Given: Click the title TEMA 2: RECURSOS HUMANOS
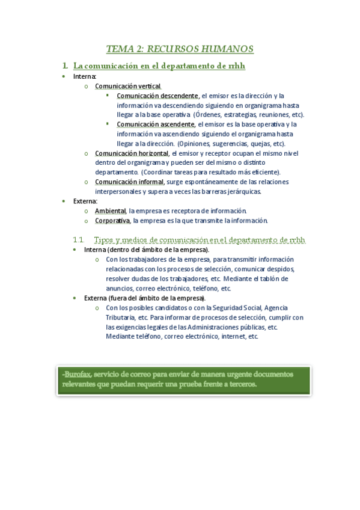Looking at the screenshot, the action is (180, 49).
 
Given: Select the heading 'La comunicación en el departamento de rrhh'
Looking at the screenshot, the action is (159, 66).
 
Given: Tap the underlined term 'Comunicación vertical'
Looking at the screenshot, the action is (127, 86).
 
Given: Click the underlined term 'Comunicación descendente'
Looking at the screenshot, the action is (157, 96).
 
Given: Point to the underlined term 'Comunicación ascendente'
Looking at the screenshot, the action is (156, 124).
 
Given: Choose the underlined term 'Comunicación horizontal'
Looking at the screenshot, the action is (131, 153).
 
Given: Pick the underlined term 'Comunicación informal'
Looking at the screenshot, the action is (129, 182).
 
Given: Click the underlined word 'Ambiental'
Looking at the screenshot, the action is (110, 210).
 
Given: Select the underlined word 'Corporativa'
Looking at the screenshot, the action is (112, 220).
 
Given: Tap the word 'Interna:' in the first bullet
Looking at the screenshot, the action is (84, 76).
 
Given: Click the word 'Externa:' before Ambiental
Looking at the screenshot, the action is (85, 201).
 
